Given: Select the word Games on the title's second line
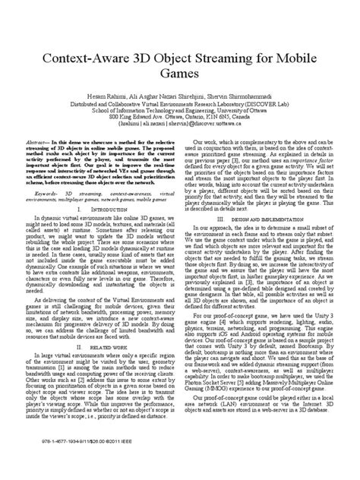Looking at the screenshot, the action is click(x=180, y=76).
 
